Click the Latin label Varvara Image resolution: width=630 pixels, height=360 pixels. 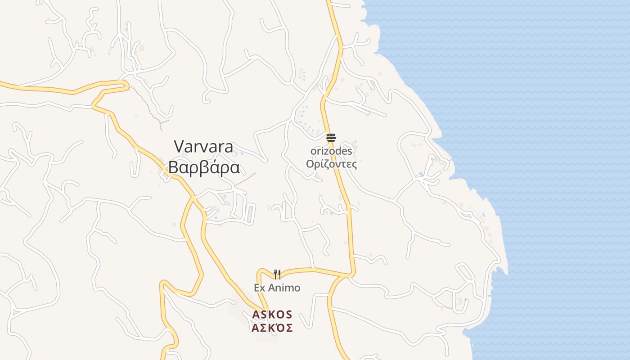[203, 147]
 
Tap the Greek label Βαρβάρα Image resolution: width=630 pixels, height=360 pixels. [203, 167]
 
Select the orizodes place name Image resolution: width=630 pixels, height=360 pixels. [331, 151]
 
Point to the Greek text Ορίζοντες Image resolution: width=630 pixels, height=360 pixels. [331, 164]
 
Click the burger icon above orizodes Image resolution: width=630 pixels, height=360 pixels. [331, 138]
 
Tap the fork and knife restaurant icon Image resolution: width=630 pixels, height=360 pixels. [277, 274]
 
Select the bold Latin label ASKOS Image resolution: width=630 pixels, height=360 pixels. [272, 314]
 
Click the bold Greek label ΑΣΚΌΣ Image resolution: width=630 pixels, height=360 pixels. [272, 328]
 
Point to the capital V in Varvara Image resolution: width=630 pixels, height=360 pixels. [179, 147]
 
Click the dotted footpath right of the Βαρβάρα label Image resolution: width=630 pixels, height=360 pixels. [245, 179]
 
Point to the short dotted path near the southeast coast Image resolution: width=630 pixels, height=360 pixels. [447, 307]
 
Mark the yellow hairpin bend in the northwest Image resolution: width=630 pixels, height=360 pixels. [126, 84]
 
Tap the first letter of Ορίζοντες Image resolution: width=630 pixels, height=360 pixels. [310, 164]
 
